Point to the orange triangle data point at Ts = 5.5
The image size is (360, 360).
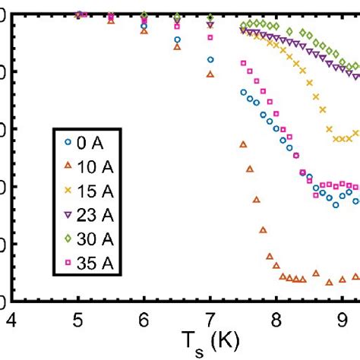coord(111,21)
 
